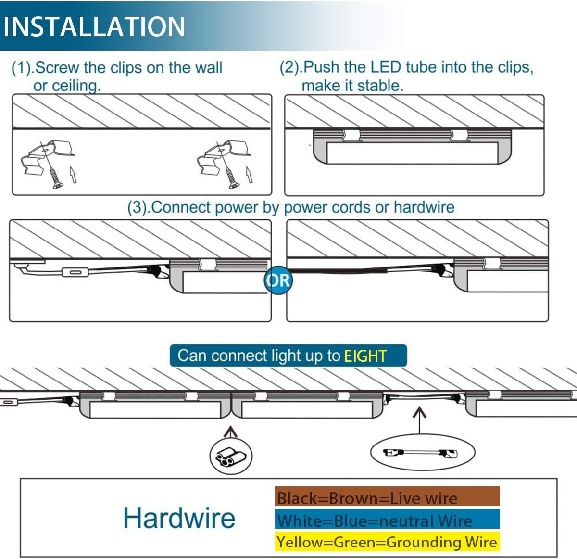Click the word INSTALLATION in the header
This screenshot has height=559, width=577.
coord(94,26)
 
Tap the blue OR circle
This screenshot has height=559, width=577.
coord(277,280)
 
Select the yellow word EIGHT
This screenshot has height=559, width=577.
coord(365,356)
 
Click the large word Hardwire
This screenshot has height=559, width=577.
coord(179,518)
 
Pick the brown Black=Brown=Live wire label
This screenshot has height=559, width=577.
coord(387,497)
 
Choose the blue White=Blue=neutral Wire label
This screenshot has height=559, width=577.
coord(387,520)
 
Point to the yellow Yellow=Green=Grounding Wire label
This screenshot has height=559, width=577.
coord(387,542)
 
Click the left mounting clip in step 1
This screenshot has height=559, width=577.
coord(50,154)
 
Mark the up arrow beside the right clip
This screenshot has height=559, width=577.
coord(249,175)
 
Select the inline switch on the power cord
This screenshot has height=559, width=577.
coord(75,273)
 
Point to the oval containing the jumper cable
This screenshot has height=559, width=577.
coord(422,453)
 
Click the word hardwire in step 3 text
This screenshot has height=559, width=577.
coord(424,207)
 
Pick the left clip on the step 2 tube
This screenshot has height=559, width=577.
coord(351,135)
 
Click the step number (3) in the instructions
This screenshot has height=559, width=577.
coord(138,207)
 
